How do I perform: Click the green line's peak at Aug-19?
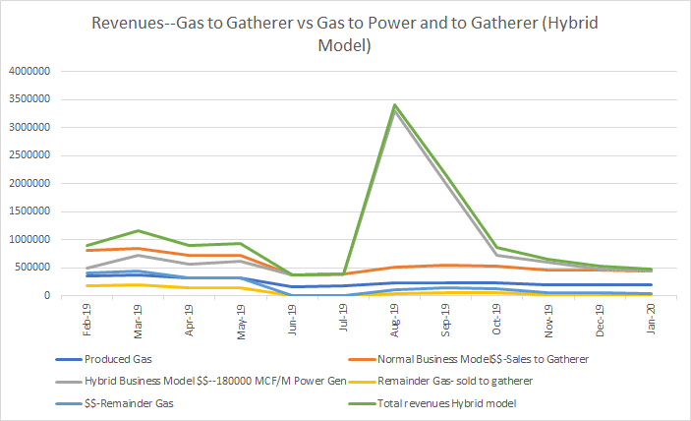(393, 104)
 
